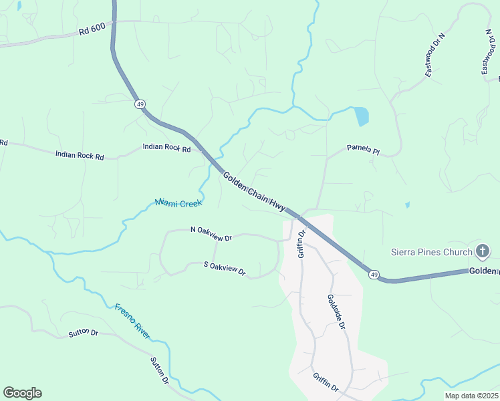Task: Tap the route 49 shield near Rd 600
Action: tap(140, 104)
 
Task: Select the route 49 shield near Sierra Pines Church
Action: tap(373, 274)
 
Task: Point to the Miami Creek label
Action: tap(178, 203)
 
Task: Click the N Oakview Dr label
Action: tap(211, 233)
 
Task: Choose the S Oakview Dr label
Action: tap(225, 268)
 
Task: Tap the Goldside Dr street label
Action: tap(336, 312)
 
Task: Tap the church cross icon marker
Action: tap(483, 252)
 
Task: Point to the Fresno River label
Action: tap(132, 321)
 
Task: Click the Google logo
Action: tap(22, 393)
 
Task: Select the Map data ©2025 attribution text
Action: tap(471, 396)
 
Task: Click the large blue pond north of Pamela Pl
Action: tap(361, 116)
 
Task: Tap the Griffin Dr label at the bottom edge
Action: tap(326, 382)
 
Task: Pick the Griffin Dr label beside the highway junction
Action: tap(301, 244)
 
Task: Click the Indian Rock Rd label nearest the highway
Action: tap(166, 148)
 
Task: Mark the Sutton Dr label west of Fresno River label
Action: tap(83, 332)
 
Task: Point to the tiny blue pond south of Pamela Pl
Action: tap(407, 205)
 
